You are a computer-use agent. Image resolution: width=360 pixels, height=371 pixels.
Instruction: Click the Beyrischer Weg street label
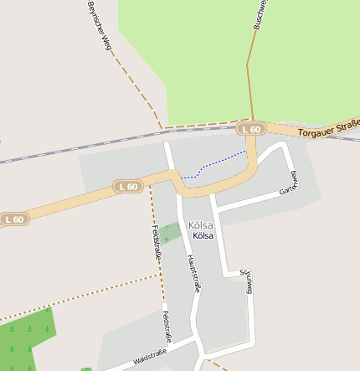click(99, 27)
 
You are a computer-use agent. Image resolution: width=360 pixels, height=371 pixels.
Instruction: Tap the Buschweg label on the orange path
click(260, 15)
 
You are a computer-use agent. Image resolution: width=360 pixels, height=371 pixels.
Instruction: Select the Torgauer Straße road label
click(329, 130)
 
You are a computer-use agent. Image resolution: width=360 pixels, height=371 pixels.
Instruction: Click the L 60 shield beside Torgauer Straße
click(250, 129)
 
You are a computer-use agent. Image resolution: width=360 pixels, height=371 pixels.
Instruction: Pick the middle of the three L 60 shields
click(128, 187)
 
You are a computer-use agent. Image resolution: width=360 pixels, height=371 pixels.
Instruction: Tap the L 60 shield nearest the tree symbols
click(13, 219)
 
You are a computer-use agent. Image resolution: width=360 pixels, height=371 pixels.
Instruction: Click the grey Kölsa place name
click(201, 225)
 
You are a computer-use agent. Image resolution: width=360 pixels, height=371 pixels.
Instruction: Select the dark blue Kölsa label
click(203, 236)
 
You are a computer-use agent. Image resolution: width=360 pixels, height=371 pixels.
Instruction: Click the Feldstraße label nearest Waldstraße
click(167, 327)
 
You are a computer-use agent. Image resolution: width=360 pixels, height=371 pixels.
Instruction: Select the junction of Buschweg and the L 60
click(250, 121)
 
